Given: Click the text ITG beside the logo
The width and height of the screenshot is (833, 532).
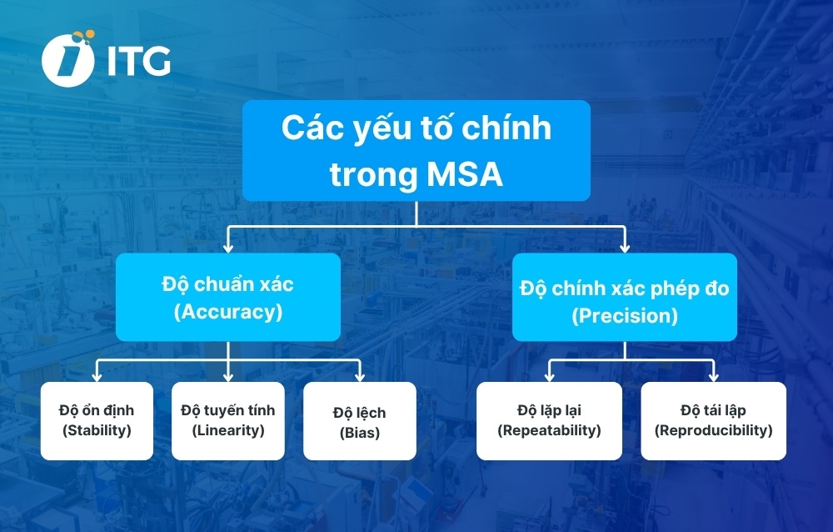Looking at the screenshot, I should [x=138, y=61].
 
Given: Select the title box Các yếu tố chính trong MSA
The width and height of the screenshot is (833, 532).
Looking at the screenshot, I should [x=416, y=151].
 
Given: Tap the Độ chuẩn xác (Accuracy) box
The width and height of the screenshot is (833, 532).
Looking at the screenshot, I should [x=227, y=298].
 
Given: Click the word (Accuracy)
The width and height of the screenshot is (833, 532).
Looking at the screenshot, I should [x=227, y=313].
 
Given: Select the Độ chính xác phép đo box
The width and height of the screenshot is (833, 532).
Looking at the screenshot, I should [x=624, y=298].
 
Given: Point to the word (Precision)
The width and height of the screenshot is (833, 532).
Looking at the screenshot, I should [x=624, y=317].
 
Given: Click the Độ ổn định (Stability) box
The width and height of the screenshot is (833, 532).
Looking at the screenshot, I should [x=97, y=420].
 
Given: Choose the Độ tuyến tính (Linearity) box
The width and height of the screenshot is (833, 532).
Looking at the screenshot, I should [x=227, y=420].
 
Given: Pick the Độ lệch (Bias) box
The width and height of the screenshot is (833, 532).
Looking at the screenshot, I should [x=359, y=421].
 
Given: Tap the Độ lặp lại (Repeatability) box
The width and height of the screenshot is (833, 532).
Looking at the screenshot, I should [x=549, y=420].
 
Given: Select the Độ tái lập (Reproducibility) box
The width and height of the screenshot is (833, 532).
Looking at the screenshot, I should [x=713, y=420].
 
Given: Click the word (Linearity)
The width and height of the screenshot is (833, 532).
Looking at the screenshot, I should [x=227, y=431].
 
